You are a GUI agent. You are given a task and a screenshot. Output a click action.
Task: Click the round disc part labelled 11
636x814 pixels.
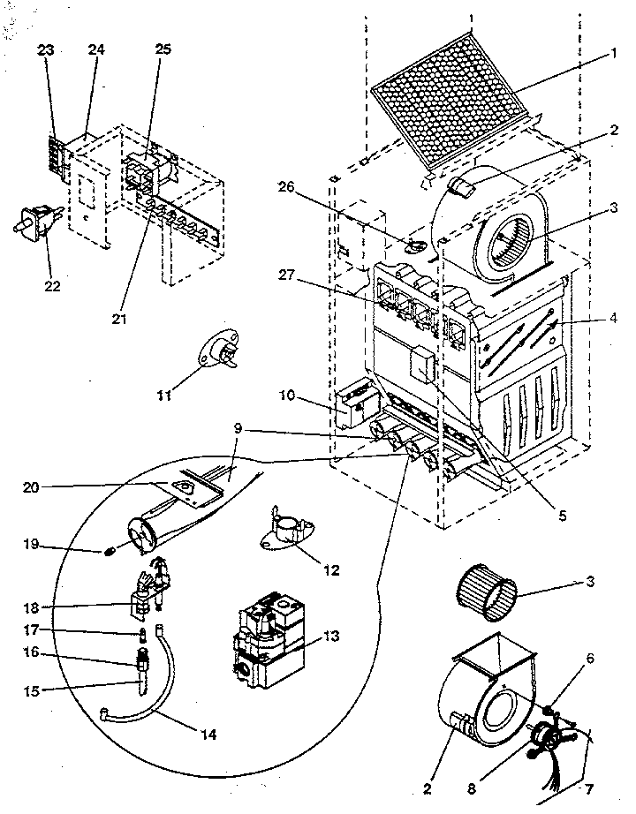(x=217, y=350)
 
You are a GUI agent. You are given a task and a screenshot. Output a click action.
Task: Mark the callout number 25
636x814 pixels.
(x=163, y=50)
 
